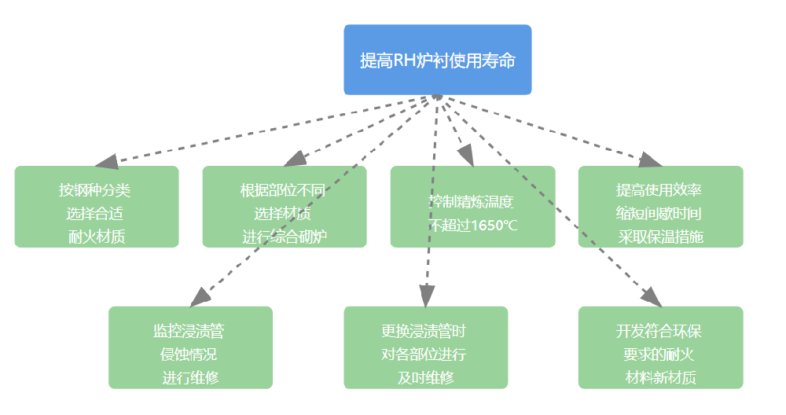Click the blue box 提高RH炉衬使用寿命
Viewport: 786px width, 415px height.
coord(437,60)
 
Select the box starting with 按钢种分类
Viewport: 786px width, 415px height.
coord(97,207)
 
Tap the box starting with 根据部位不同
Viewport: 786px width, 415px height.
coord(284,207)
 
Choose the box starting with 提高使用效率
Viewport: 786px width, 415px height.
coord(660,207)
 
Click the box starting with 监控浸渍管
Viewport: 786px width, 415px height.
coord(190,347)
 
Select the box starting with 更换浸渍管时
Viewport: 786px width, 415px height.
coord(425,347)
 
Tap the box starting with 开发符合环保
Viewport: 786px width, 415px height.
coord(660,347)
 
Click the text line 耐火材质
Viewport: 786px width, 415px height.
coord(97,236)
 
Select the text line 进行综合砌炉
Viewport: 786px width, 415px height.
coord(284,236)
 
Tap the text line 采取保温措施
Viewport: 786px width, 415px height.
coord(660,236)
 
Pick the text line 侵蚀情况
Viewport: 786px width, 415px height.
coord(190,354)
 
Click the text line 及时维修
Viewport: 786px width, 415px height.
coord(425,377)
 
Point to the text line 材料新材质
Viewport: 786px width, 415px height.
coord(660,377)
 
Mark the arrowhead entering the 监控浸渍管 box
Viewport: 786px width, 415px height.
coord(201,296)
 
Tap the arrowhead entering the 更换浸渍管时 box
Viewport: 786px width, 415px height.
coord(426,296)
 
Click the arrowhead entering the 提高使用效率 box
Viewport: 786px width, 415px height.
coord(649,160)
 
